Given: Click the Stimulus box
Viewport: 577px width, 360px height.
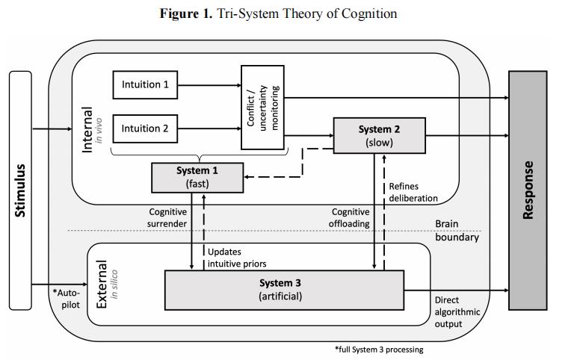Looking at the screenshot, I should tap(21, 190).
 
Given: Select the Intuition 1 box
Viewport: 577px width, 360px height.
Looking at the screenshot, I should tap(145, 84).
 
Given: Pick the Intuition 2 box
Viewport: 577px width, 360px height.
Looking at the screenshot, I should tap(145, 128).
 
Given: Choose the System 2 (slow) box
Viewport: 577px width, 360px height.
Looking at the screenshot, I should tap(378, 135).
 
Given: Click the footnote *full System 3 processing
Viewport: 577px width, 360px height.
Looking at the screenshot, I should tap(378, 348).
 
